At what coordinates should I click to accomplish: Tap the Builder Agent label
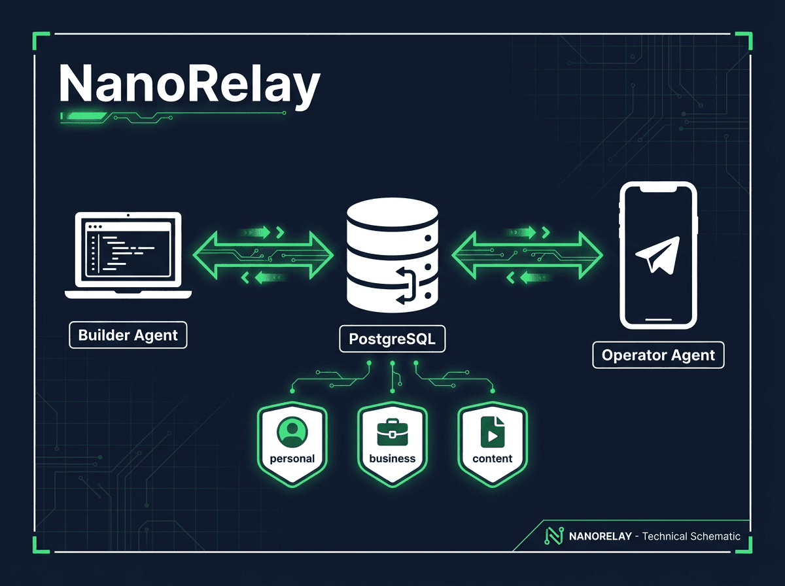click(128, 336)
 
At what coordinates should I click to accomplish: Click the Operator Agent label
click(658, 356)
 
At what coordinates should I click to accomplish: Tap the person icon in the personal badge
click(292, 432)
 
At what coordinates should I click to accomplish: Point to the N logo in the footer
click(553, 536)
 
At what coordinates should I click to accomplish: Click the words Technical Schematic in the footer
click(691, 536)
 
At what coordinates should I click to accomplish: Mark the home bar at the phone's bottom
click(658, 320)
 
